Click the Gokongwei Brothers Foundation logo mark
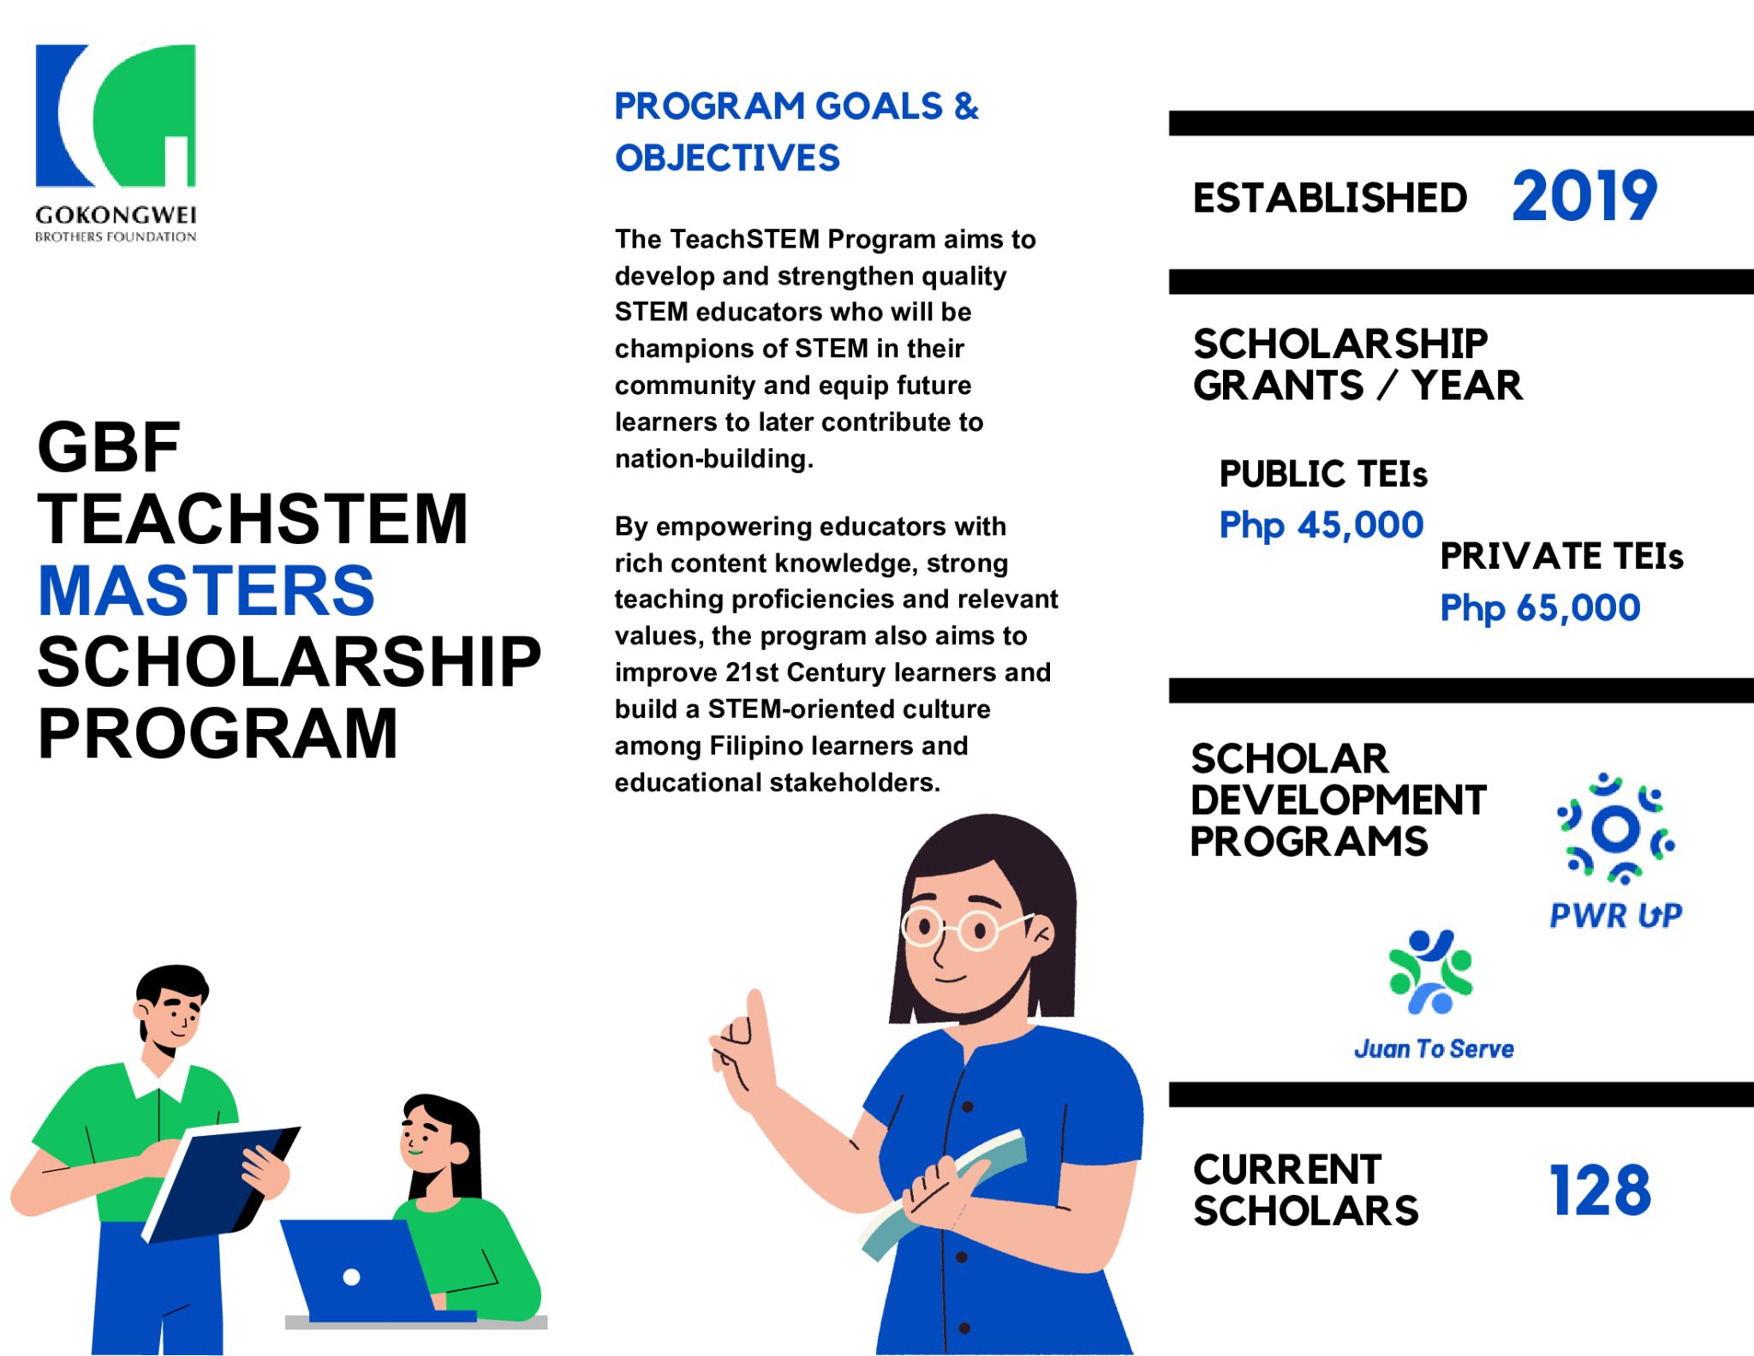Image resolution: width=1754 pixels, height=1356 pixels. click(116, 115)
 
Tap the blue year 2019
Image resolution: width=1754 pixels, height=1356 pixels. click(1584, 196)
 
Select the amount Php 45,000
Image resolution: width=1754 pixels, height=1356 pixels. click(1321, 524)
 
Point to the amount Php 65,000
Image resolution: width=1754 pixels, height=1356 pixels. click(1540, 607)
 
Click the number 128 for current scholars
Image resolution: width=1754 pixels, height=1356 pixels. click(1600, 1190)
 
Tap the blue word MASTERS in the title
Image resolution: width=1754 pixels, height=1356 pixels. click(206, 590)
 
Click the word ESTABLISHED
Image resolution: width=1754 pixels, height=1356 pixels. click(1329, 198)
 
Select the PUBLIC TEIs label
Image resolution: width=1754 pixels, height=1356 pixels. click(1323, 474)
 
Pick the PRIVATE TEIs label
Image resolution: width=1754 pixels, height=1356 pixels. click(1561, 556)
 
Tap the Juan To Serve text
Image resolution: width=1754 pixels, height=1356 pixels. click(1434, 1048)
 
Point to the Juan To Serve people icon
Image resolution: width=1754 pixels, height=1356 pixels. click(1430, 971)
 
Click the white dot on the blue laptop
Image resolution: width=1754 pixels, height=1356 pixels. click(351, 1276)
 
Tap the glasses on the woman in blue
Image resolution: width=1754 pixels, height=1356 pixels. click(959, 927)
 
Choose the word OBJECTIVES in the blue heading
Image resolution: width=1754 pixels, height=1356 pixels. click(727, 158)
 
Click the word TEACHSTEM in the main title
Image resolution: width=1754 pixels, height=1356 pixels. click(253, 518)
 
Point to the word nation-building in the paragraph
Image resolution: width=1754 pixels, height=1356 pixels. click(713, 458)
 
